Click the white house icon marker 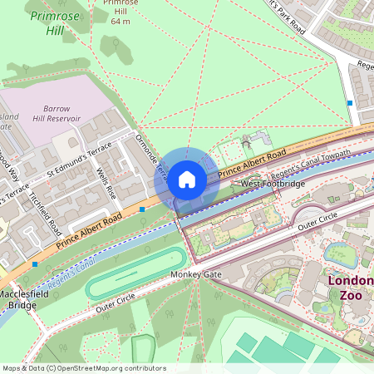[x=187, y=179]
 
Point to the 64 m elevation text [x=121, y=21]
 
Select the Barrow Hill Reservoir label [x=57, y=113]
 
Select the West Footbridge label [x=273, y=183]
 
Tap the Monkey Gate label [x=195, y=274]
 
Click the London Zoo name [x=350, y=289]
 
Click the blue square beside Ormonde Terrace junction [x=143, y=210]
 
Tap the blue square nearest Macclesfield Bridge [x=35, y=264]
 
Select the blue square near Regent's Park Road [x=350, y=103]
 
